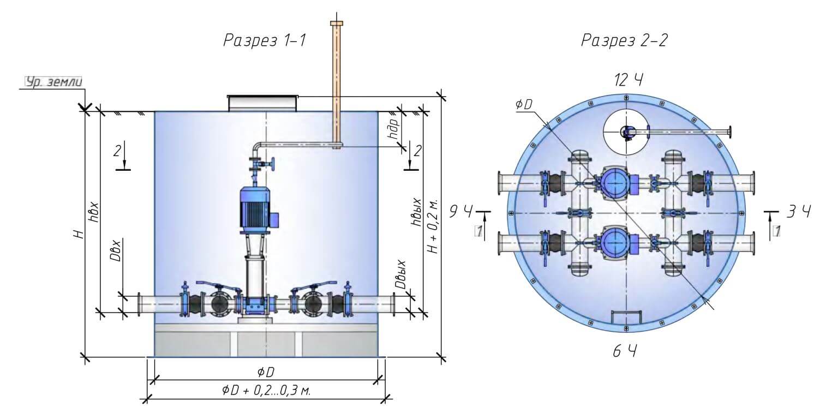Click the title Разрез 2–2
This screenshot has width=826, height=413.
click(x=624, y=41)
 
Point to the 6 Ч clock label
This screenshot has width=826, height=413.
click(x=624, y=352)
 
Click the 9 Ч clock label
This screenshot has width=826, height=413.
click(x=461, y=211)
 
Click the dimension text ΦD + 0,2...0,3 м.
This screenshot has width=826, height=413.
click(x=266, y=391)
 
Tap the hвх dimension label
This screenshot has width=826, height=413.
click(x=93, y=211)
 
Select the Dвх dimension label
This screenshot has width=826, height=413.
click(x=116, y=250)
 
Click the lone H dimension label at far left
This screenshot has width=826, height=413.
click(x=80, y=234)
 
